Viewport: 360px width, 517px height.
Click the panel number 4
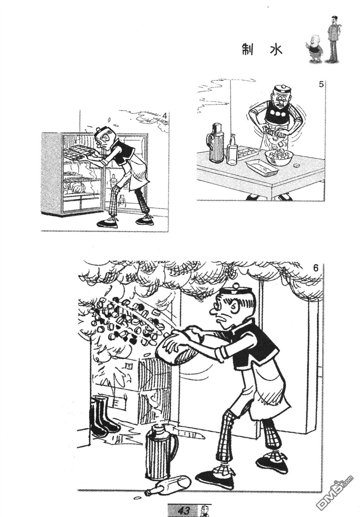165,115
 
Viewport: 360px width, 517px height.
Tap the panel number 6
316,268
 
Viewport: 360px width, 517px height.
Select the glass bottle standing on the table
232,150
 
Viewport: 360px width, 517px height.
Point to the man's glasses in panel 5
280,100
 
